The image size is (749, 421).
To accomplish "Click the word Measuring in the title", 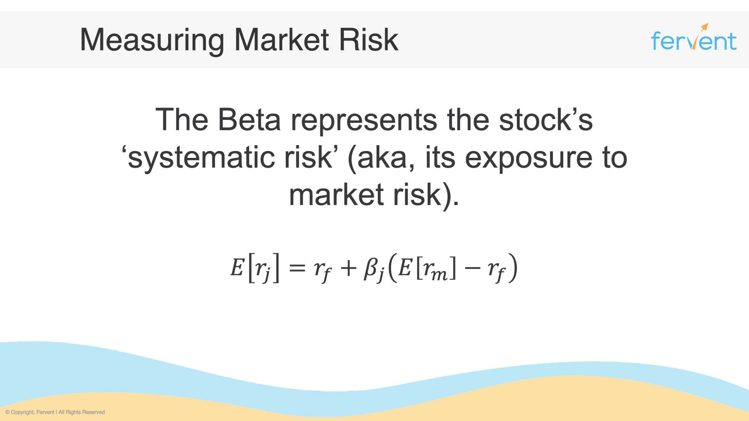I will point(152,40).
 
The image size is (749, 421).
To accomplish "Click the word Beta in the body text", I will point(249,119).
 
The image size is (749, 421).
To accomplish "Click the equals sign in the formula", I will point(297,268).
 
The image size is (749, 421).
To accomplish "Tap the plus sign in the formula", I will point(348,268).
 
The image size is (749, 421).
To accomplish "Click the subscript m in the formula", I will point(439,275).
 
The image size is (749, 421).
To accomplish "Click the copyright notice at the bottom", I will point(55,412).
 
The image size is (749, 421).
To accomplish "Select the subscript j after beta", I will point(380,276).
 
